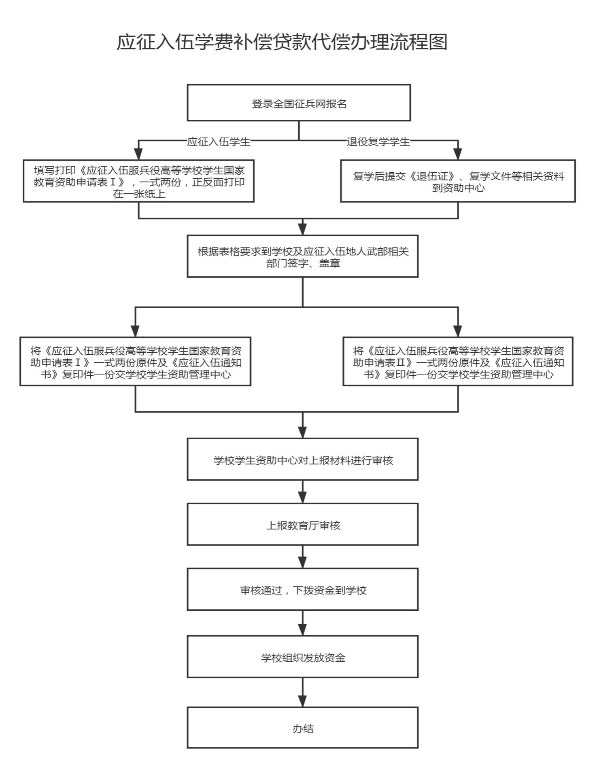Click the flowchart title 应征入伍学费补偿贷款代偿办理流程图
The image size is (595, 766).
coord(282,42)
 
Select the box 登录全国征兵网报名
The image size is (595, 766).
coord(299,103)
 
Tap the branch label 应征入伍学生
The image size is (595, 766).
coord(219,142)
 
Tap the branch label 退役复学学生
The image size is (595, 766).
coord(378,142)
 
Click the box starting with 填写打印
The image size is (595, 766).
coord(138,181)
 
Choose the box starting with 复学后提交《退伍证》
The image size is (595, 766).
coord(458,181)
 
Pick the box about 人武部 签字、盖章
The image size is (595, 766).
coord(302,256)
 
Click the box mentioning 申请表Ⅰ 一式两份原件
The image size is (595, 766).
coord(135,362)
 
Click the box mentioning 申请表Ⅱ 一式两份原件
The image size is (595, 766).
coord(458,362)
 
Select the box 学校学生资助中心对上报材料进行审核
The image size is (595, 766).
coord(302,459)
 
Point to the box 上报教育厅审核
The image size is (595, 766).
coord(302,525)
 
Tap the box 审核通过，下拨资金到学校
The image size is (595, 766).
coord(302,590)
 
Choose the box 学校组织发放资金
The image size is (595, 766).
coord(302,657)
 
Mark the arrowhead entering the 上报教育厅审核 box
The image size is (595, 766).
coord(302,497)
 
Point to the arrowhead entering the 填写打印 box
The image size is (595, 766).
coord(138,154)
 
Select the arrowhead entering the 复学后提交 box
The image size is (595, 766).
coord(458,154)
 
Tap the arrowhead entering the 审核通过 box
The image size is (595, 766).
coord(302,563)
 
